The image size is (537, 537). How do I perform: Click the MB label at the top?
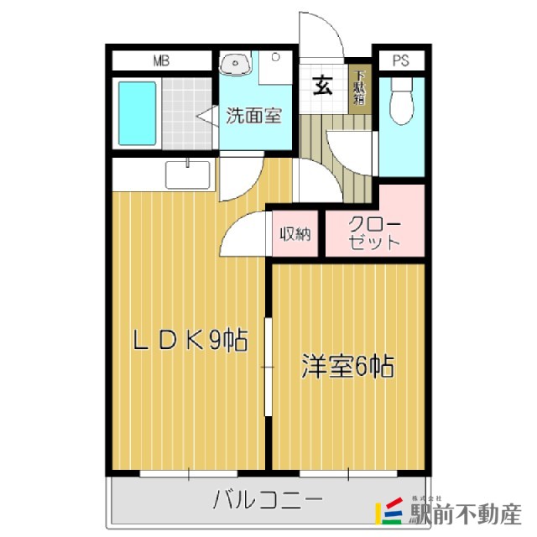pyautogui.click(x=160, y=60)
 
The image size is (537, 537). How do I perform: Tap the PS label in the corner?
pyautogui.click(x=400, y=60)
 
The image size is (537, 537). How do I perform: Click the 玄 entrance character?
pyautogui.click(x=322, y=84)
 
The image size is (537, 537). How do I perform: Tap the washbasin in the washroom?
pyautogui.click(x=235, y=62)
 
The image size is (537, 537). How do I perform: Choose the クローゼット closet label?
pyautogui.click(x=374, y=233)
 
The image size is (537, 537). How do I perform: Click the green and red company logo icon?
pyautogui.click(x=394, y=509)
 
